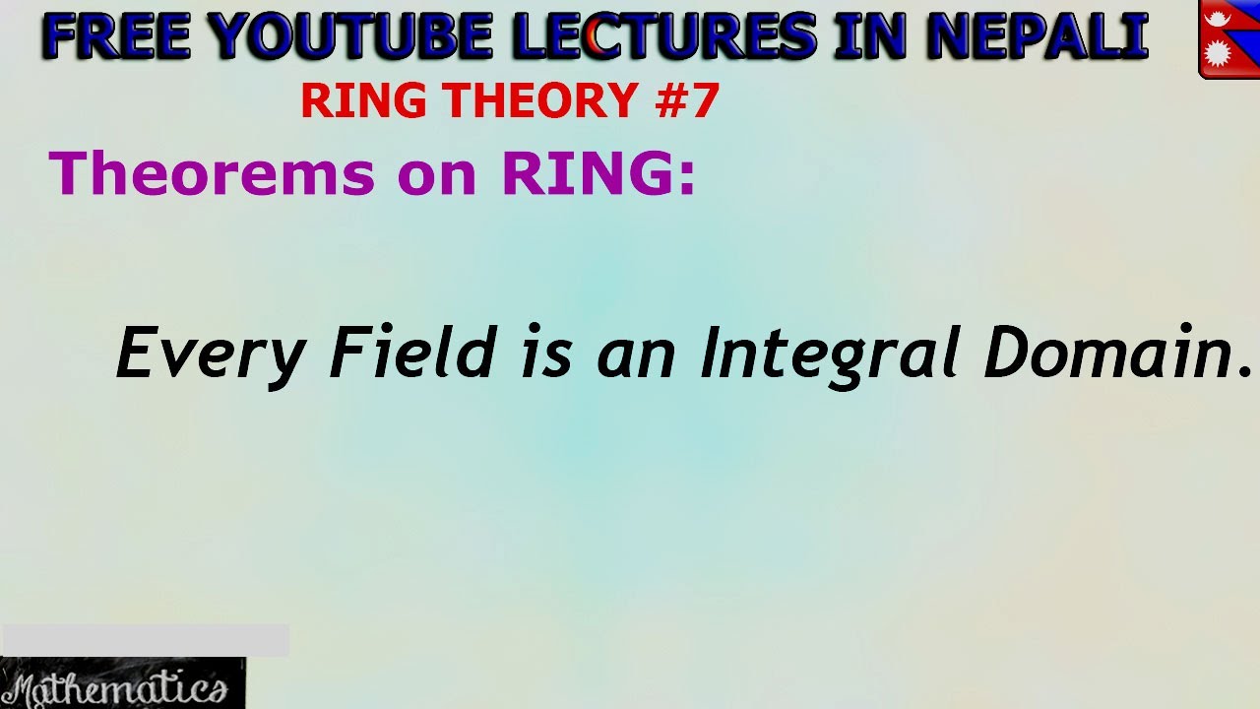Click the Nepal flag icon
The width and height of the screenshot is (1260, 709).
tap(1228, 38)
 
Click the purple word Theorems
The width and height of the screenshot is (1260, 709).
tap(213, 173)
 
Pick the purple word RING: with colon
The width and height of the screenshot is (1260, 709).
tap(598, 173)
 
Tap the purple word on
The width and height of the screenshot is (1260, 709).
tap(437, 175)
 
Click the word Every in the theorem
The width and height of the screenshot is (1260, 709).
tap(211, 354)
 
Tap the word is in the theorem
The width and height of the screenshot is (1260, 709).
tap(546, 354)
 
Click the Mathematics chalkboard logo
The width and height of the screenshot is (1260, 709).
tap(122, 683)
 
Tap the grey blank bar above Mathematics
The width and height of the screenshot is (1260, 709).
tap(145, 640)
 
